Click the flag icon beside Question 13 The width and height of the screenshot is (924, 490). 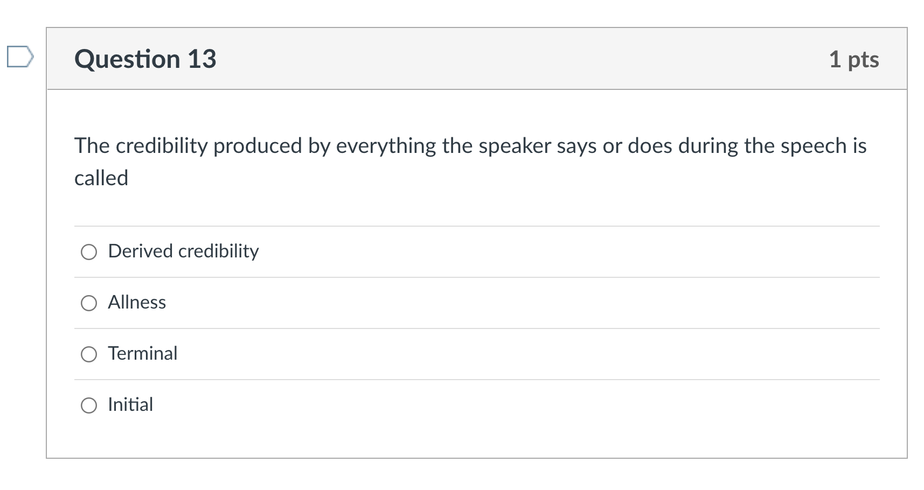[x=20, y=57]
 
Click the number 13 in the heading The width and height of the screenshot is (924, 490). [x=202, y=59]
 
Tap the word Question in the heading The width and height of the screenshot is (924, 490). [x=127, y=59]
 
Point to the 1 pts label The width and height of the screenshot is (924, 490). [x=853, y=59]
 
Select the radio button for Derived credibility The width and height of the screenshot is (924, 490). [x=89, y=251]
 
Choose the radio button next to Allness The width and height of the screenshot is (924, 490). [x=89, y=303]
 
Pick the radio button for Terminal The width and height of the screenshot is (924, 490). [x=89, y=354]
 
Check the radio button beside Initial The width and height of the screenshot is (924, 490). [x=89, y=405]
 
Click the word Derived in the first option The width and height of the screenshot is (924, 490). [x=141, y=251]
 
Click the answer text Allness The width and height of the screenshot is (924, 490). [x=137, y=302]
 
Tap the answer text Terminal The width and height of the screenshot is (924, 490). [x=143, y=353]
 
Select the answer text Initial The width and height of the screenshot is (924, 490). [x=130, y=404]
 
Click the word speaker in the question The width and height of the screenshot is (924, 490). [x=515, y=146]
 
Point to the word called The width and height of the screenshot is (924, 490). [x=101, y=178]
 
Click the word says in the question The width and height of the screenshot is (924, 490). [x=576, y=146]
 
